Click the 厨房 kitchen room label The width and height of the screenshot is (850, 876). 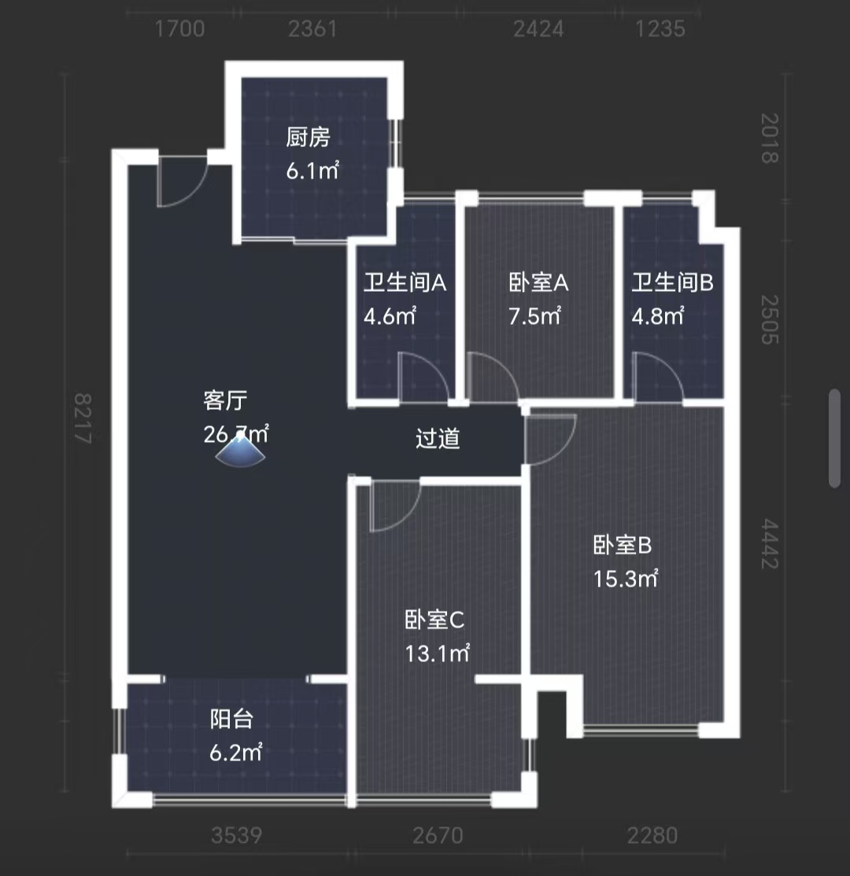(x=308, y=138)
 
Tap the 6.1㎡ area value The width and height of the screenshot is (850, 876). (x=312, y=171)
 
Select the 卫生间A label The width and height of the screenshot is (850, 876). (x=405, y=283)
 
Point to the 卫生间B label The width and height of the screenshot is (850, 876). (x=672, y=283)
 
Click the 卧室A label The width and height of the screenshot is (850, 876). (x=538, y=283)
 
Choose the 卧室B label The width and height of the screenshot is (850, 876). (x=622, y=545)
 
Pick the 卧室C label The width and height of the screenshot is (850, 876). (x=434, y=620)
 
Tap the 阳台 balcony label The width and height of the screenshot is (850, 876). (x=231, y=719)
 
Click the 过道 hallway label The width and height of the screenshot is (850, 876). (x=438, y=439)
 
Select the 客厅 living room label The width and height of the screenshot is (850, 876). (x=225, y=401)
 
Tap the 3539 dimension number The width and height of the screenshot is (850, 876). (x=236, y=835)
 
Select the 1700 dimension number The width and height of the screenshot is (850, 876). (x=180, y=29)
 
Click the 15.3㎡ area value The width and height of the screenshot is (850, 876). (x=626, y=579)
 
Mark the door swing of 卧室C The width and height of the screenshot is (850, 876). (x=394, y=507)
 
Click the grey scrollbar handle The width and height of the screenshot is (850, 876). (x=835, y=438)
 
